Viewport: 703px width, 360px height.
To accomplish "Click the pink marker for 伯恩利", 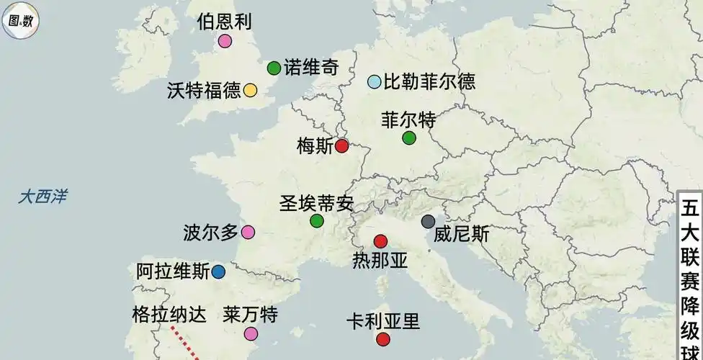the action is (x=225, y=41).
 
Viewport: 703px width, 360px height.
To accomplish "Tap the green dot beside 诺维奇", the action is (x=274, y=68).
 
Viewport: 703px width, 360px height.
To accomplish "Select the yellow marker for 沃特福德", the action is (x=250, y=90).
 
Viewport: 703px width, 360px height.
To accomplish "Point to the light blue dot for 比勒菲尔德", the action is (x=374, y=82).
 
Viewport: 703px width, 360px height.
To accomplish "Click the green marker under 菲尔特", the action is (x=409, y=138).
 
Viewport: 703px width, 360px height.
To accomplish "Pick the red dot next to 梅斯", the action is (x=342, y=146).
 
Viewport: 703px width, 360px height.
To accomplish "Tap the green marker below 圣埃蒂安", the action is (x=316, y=220).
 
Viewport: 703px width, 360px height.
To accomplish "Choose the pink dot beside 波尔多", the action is (x=248, y=232).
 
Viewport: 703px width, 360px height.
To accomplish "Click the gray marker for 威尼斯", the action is (x=428, y=221).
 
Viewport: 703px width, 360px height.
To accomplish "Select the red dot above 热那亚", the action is (x=380, y=241).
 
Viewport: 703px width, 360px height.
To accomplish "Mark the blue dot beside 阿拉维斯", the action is (x=218, y=272).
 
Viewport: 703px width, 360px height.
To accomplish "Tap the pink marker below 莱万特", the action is (x=251, y=333).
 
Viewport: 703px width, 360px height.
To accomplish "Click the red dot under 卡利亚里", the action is (x=382, y=339).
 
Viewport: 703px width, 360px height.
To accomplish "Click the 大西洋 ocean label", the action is (x=42, y=196).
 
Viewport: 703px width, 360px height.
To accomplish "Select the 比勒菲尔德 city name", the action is (x=429, y=82).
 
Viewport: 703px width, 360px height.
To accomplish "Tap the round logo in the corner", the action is (x=19, y=20).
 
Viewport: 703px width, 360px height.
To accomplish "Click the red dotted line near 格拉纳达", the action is (x=186, y=343).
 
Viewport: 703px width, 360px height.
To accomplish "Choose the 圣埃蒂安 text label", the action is (x=316, y=203).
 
